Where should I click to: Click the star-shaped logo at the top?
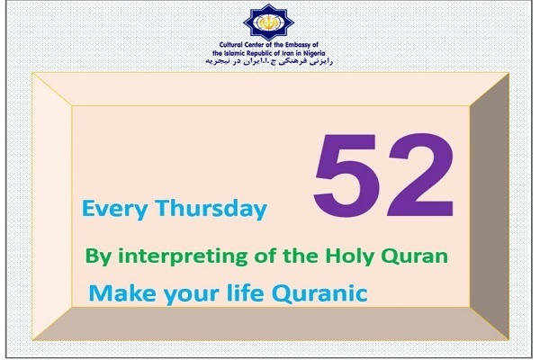click(268, 22)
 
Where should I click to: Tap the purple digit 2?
click(422, 174)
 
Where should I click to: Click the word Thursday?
click(211, 209)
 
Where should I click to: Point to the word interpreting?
click(183, 256)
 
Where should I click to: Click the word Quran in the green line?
click(415, 256)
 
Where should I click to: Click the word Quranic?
click(319, 293)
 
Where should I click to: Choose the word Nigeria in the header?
click(312, 53)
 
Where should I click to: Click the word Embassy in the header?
click(298, 45)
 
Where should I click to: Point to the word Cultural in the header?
click(231, 45)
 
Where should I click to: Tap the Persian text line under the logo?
click(269, 61)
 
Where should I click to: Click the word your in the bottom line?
click(192, 295)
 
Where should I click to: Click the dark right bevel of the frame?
click(490, 206)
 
